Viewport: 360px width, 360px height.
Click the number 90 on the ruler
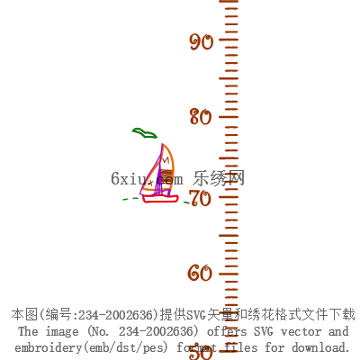click(x=202, y=41)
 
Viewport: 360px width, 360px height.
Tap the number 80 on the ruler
click(x=201, y=117)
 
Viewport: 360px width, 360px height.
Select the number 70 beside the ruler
click(x=202, y=198)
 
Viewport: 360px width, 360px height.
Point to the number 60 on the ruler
click(x=200, y=273)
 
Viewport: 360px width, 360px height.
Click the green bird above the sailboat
click(x=145, y=133)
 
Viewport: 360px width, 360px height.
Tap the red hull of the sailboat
click(x=160, y=199)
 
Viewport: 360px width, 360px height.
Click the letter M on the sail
click(x=165, y=159)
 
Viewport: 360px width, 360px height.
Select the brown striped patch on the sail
click(x=166, y=174)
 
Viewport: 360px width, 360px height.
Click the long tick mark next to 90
click(x=229, y=40)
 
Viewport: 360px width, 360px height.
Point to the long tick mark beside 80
click(x=229, y=117)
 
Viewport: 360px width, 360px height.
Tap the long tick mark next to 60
click(x=229, y=274)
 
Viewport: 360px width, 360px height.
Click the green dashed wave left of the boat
click(x=130, y=199)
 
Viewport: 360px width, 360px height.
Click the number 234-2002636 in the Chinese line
click(x=118, y=315)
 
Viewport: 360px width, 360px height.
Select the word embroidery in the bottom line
click(x=48, y=347)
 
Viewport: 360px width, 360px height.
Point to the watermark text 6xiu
click(x=129, y=178)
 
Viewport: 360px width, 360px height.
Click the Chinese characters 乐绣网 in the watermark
click(x=219, y=178)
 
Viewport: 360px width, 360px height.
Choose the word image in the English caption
click(x=62, y=332)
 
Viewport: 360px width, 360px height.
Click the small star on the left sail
click(x=150, y=182)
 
